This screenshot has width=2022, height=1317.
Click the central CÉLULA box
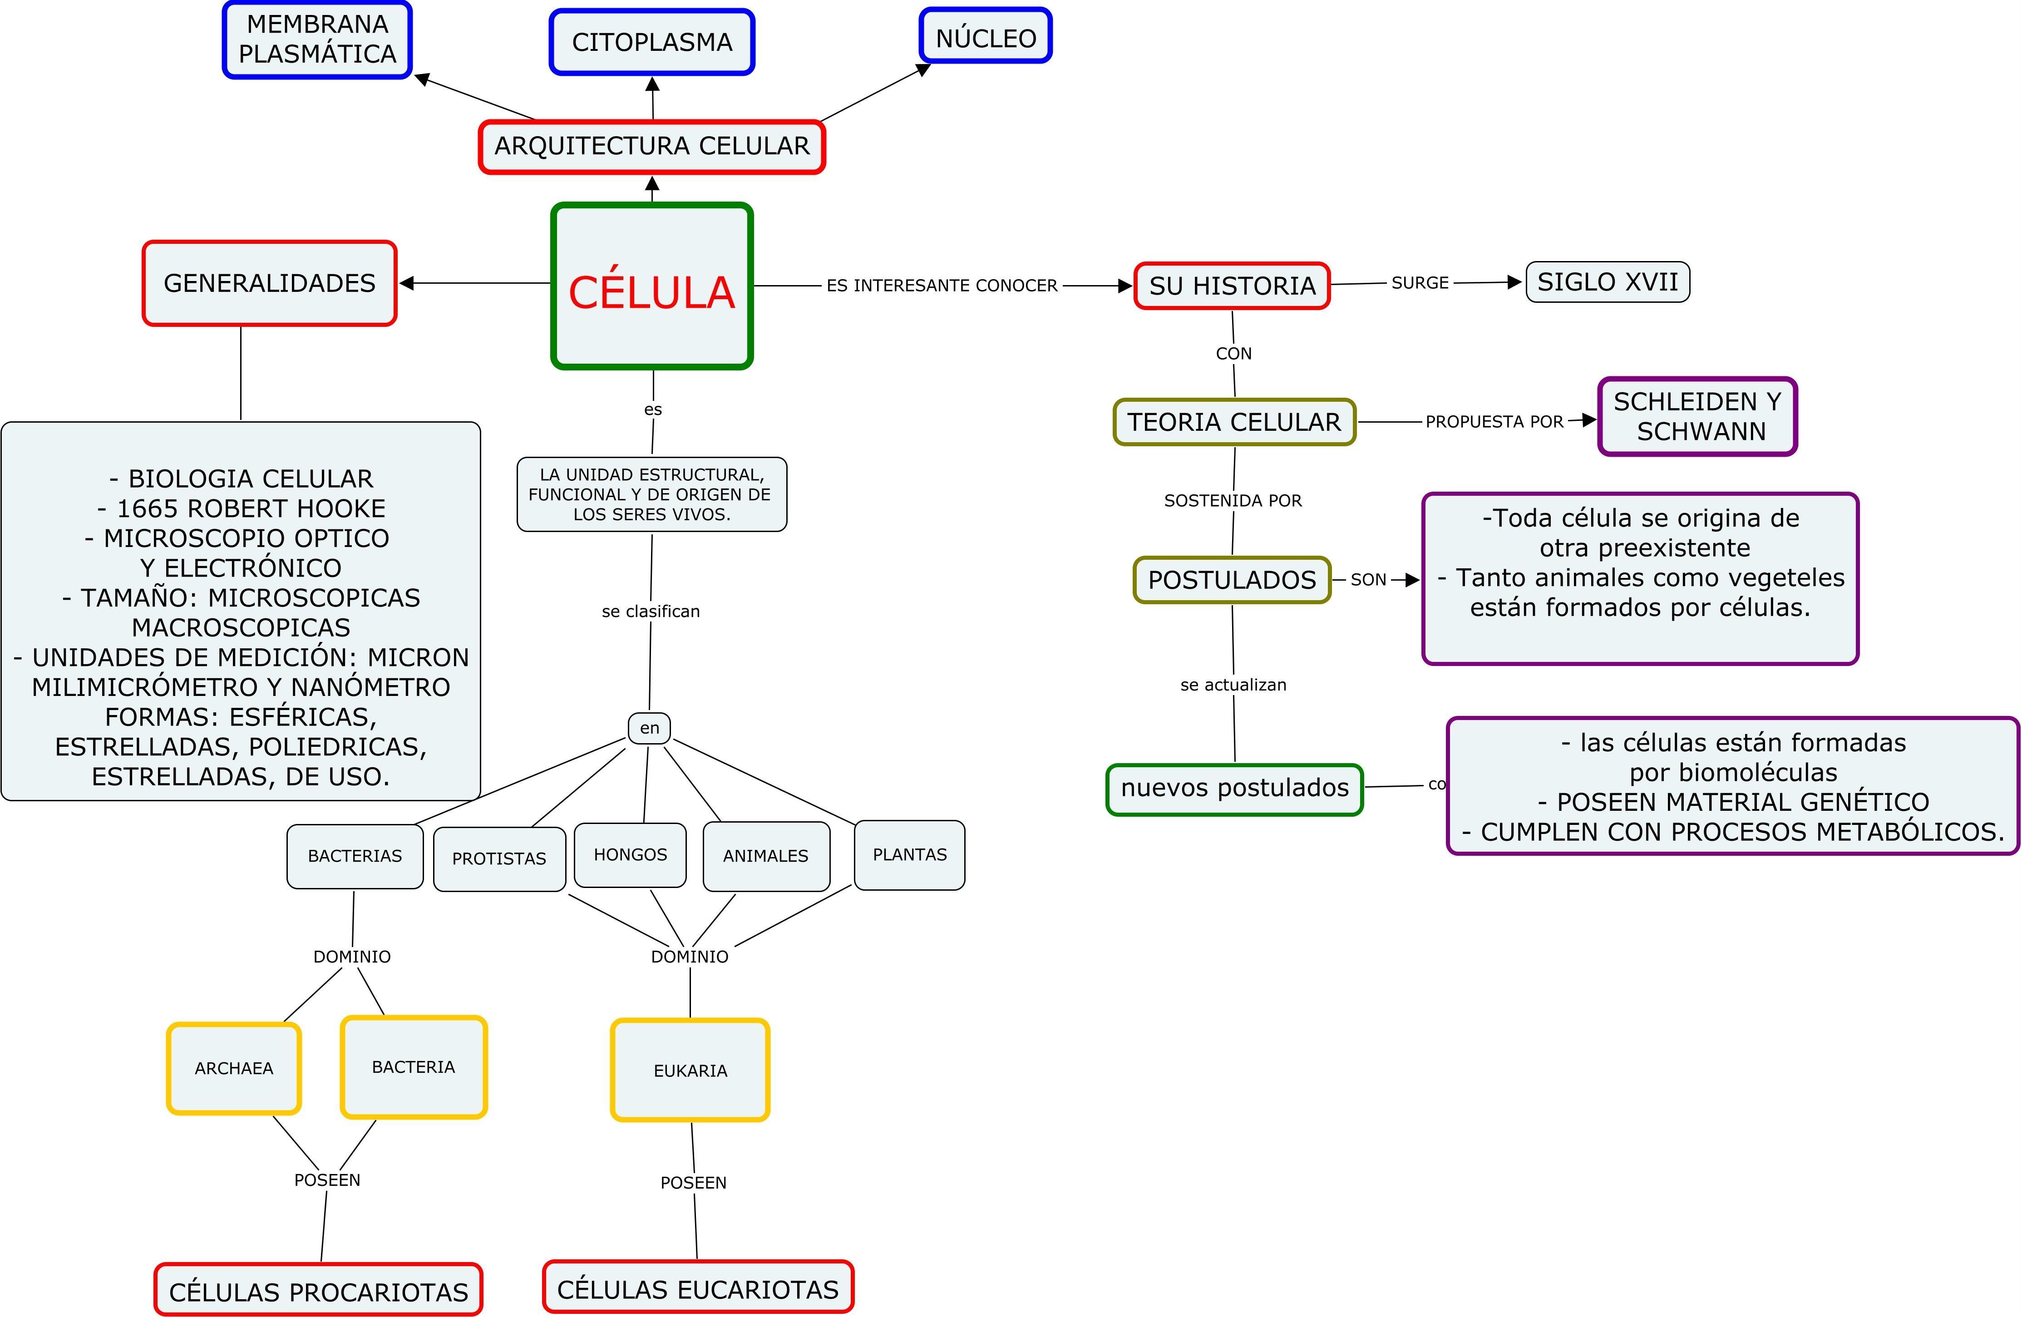point(651,286)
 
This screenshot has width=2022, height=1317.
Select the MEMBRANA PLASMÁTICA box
point(317,40)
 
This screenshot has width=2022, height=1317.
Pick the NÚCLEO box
point(986,36)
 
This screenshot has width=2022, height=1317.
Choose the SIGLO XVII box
point(1608,282)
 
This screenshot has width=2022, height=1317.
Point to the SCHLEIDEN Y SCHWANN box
point(1697,416)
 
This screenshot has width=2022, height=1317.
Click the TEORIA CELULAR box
point(1233,422)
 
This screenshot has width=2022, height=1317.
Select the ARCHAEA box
point(234,1068)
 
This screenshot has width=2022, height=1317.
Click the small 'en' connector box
point(649,728)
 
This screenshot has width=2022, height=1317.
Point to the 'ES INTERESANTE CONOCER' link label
point(942,286)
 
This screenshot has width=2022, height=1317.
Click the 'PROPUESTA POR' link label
point(1494,421)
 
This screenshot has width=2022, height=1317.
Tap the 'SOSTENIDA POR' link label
point(1232,500)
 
